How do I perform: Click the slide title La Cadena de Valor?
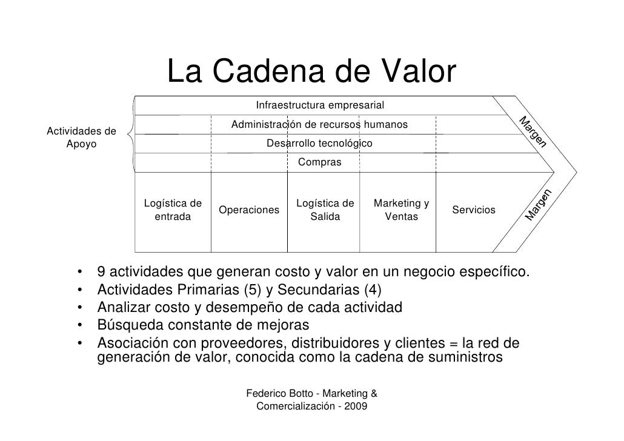pyautogui.click(x=311, y=73)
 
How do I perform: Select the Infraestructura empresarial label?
pyautogui.click(x=320, y=106)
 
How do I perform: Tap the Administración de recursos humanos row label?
pyautogui.click(x=319, y=125)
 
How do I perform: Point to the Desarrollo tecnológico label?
pyautogui.click(x=320, y=144)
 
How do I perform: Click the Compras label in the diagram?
pyautogui.click(x=319, y=162)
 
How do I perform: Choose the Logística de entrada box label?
pyautogui.click(x=173, y=210)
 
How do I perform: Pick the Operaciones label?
pyautogui.click(x=249, y=210)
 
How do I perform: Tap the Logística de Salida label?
pyautogui.click(x=325, y=210)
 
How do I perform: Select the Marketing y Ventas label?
pyautogui.click(x=402, y=210)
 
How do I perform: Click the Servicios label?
pyautogui.click(x=474, y=210)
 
